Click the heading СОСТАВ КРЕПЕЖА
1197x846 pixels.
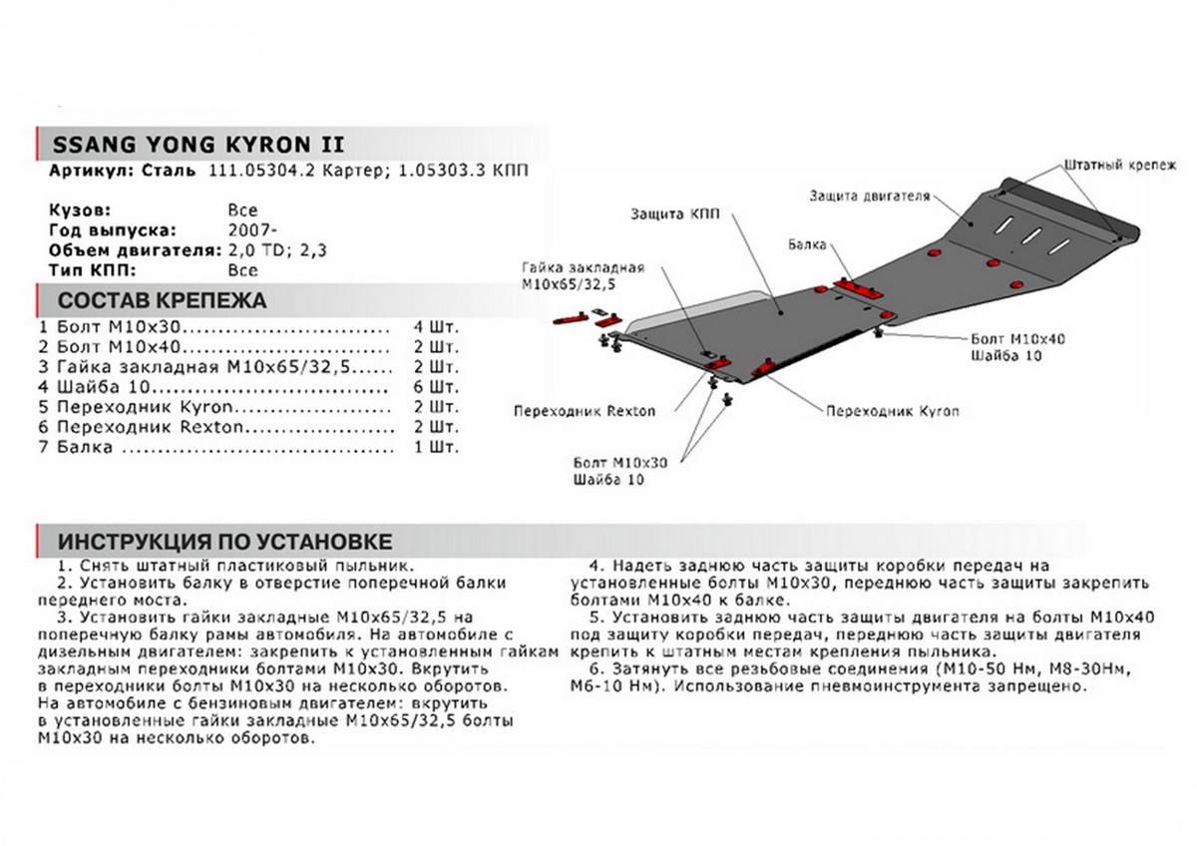click(162, 300)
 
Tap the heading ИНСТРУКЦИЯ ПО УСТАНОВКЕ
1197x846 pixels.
click(224, 542)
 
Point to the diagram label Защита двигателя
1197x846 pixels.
click(869, 197)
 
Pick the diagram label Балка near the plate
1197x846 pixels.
click(805, 243)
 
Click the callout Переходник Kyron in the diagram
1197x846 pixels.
click(879, 410)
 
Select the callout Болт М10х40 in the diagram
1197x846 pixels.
click(1016, 339)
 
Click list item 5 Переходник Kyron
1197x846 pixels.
click(140, 407)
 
